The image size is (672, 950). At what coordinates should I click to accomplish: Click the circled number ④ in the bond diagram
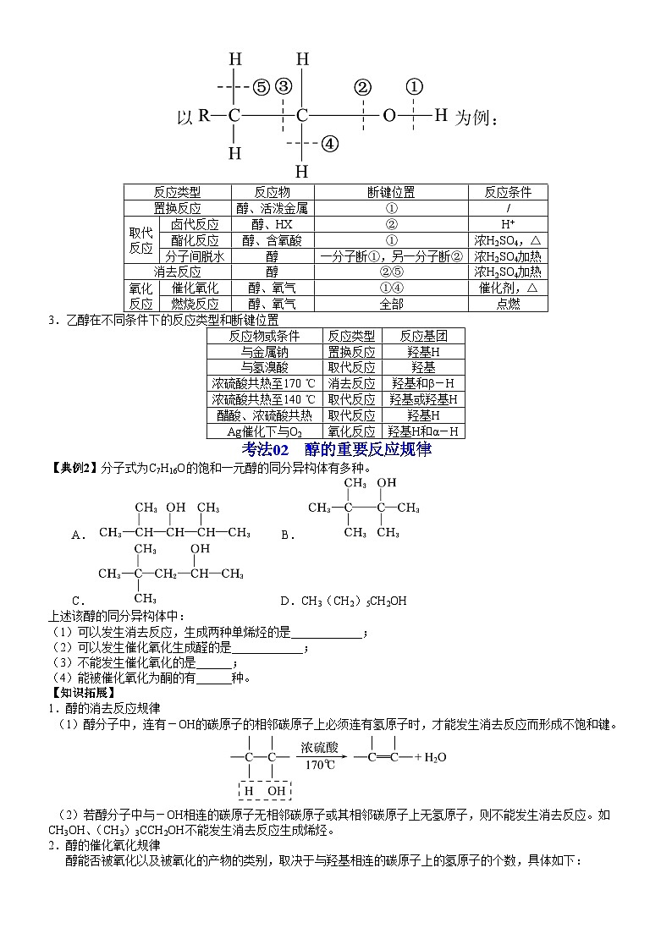pyautogui.click(x=331, y=144)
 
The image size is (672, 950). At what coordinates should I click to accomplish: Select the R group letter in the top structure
pyautogui.click(x=204, y=116)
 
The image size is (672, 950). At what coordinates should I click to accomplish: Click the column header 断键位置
pyautogui.click(x=391, y=192)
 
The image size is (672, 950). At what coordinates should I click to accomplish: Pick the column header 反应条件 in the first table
pyautogui.click(x=508, y=192)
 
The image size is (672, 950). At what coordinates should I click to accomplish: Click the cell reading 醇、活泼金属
pyautogui.click(x=272, y=208)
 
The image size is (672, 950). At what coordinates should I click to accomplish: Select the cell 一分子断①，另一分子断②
pyautogui.click(x=391, y=256)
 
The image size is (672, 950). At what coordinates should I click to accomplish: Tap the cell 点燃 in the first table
pyautogui.click(x=508, y=304)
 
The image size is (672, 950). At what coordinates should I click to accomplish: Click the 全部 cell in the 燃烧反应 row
pyautogui.click(x=391, y=304)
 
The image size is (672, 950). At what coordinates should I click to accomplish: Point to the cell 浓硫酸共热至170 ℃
pyautogui.click(x=263, y=383)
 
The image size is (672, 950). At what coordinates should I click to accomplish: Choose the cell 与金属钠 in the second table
pyautogui.click(x=263, y=351)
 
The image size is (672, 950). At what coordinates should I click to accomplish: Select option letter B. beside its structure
pyautogui.click(x=287, y=534)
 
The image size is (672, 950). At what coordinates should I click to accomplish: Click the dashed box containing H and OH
pyautogui.click(x=265, y=790)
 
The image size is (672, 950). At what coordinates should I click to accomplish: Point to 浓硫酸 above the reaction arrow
pyautogui.click(x=320, y=747)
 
